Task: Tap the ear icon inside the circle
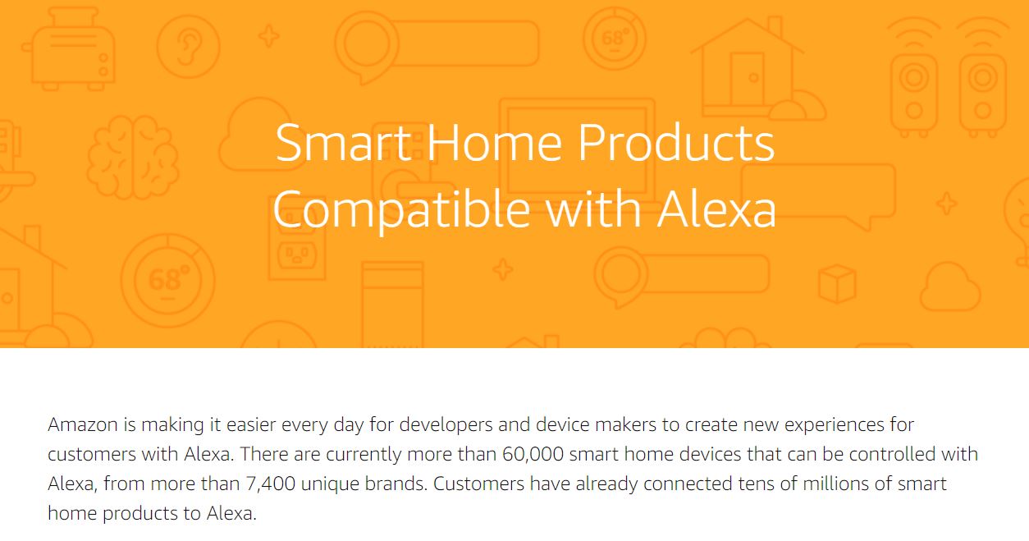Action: (189, 47)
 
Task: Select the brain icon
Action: (133, 157)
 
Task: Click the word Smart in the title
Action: (343, 143)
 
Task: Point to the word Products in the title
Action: (676, 143)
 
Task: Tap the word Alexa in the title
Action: (716, 209)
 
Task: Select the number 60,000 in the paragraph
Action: (533, 454)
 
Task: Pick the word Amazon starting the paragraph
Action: (83, 424)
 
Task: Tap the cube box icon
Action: (837, 283)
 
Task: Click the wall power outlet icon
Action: (297, 254)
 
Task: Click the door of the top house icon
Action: (747, 79)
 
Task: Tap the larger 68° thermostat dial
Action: (167, 281)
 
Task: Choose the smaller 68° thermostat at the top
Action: (615, 38)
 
